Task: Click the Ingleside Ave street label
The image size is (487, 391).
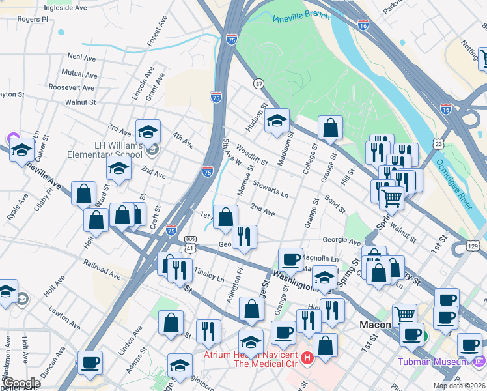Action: point(64,8)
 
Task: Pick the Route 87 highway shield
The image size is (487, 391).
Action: point(259,83)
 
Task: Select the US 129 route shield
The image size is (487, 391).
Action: point(473,245)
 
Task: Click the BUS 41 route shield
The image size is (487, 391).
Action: point(190,244)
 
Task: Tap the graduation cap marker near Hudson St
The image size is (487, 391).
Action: point(277,121)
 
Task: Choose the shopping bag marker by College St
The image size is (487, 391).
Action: point(330,128)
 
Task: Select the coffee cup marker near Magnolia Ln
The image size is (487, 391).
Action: point(290,259)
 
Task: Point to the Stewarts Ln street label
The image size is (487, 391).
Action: point(271,188)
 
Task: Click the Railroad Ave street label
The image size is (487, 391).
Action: point(102,269)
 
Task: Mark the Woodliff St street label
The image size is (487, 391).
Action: point(252,156)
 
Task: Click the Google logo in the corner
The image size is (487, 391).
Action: point(21,383)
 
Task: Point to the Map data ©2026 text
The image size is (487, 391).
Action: point(459,386)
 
